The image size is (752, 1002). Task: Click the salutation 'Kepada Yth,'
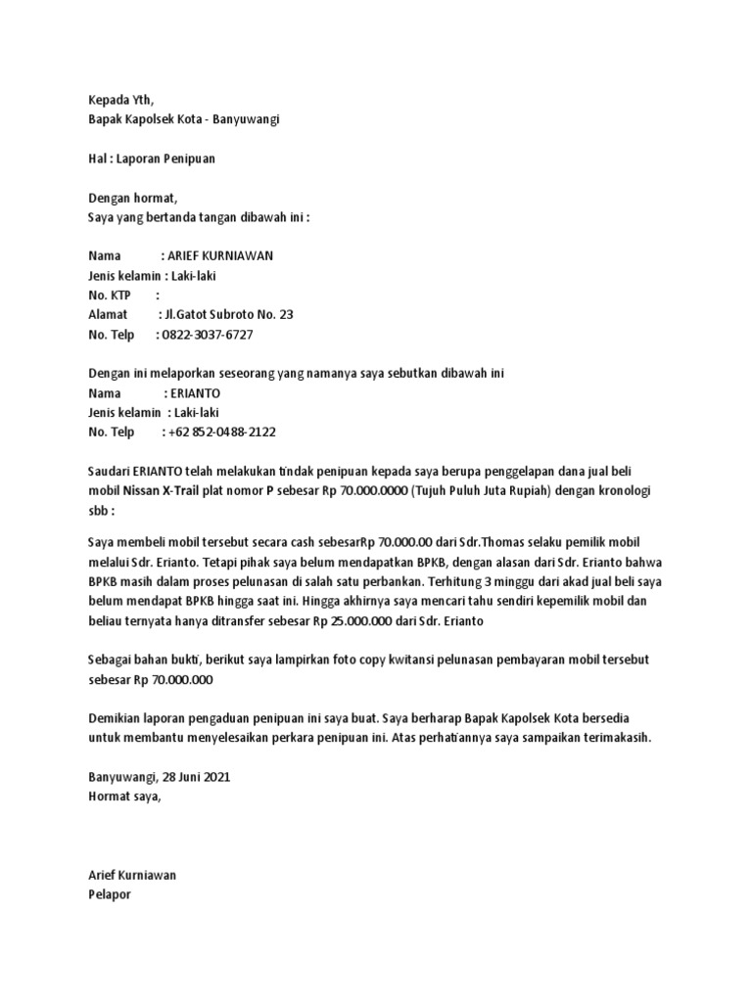(x=120, y=98)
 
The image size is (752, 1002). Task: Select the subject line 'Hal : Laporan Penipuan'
(x=152, y=159)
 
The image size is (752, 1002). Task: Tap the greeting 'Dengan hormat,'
(x=133, y=199)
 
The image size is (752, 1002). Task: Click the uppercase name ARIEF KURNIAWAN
(x=222, y=256)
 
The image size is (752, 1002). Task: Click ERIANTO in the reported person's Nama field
(x=194, y=392)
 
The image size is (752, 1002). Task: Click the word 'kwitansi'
(x=412, y=660)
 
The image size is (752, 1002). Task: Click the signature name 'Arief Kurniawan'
(x=132, y=875)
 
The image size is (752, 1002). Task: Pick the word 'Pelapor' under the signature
(x=109, y=894)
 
